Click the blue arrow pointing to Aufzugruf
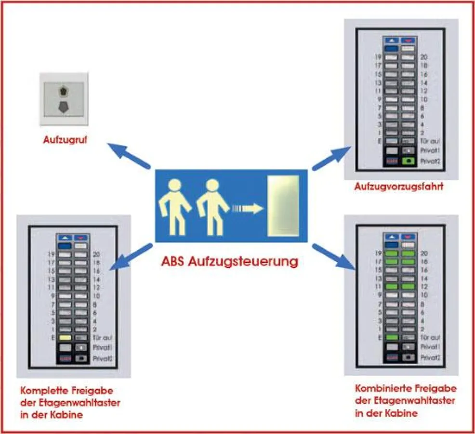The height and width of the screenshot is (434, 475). tap(128, 155)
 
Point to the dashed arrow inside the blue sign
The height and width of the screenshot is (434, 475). tap(247, 209)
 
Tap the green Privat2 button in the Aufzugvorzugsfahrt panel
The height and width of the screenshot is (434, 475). tap(409, 161)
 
